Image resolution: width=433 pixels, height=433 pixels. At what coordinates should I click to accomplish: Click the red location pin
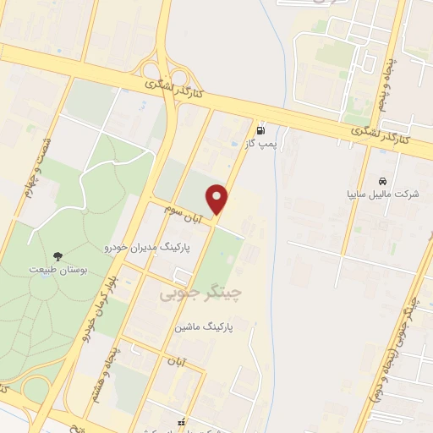point(218,199)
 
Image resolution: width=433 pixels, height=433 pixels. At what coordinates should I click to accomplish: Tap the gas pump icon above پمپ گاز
point(260,131)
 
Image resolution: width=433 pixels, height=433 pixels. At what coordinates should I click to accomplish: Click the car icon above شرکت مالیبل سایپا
point(383,181)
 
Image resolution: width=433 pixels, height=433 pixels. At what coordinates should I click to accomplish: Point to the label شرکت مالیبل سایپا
point(383,194)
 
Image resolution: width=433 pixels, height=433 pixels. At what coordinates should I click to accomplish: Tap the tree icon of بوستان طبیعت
point(58,255)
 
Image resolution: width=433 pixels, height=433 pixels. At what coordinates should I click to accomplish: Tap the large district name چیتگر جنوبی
point(200,293)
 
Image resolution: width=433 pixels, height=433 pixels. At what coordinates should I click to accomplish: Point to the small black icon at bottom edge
point(178,422)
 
